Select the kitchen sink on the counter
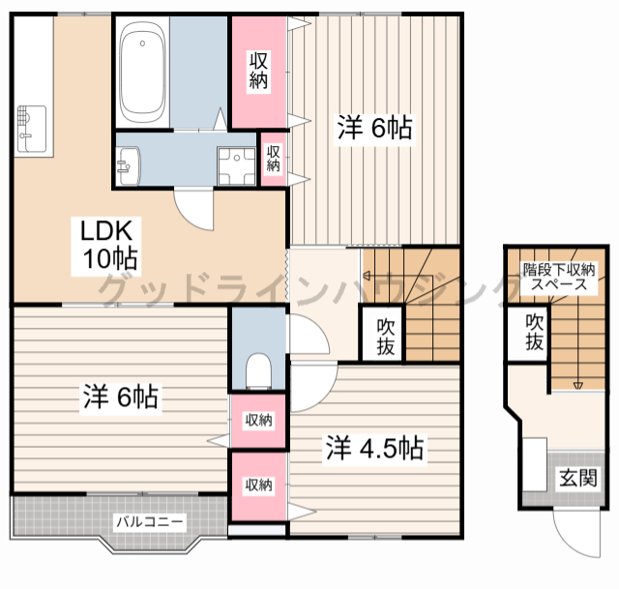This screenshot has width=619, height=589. click(x=32, y=129)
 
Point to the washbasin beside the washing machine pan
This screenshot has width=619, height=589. click(x=129, y=165)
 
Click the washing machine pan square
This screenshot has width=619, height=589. click(x=236, y=165)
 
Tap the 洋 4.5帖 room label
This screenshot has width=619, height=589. click(x=374, y=448)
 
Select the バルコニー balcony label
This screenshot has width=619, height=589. click(x=150, y=522)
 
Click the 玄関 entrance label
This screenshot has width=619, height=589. click(x=578, y=478)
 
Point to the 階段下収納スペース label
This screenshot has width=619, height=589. click(x=559, y=278)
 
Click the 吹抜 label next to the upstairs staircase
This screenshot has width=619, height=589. click(x=385, y=337)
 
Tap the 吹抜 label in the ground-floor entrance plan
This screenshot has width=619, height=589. click(x=534, y=332)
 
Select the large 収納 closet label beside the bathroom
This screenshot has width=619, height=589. click(x=258, y=71)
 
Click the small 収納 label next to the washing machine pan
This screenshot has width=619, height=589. click(x=273, y=159)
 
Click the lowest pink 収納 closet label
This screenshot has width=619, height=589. click(x=258, y=485)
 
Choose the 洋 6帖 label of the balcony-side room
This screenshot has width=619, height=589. click(x=120, y=397)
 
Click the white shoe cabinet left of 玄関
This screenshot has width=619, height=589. click(x=535, y=464)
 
